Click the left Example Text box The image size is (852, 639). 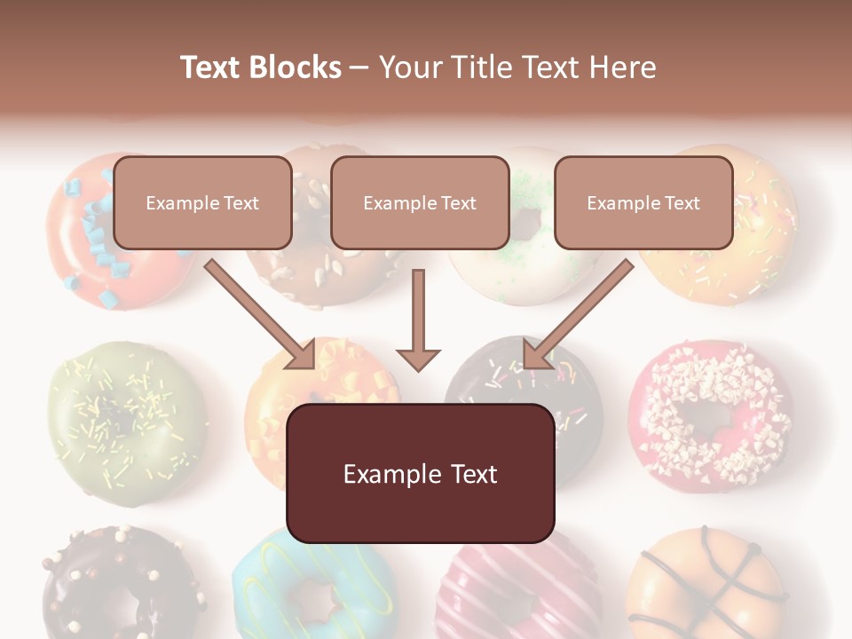(x=202, y=203)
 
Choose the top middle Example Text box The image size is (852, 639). (x=420, y=203)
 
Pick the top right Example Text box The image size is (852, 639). (x=643, y=203)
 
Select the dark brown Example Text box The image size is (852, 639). (x=420, y=474)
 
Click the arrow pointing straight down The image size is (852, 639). (x=418, y=319)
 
